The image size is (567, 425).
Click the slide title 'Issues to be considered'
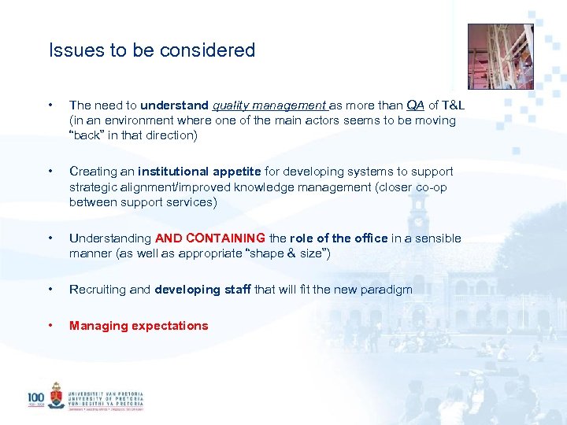pos(152,50)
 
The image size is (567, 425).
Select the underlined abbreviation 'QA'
pos(415,105)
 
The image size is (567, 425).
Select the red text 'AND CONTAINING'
pos(210,238)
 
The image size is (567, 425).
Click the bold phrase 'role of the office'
pos(339,238)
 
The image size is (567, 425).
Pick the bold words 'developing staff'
pos(202,290)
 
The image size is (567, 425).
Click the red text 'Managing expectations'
pos(139,326)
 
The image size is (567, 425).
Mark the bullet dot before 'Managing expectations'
pos(50,326)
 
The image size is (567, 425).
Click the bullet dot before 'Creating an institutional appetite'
pos(50,172)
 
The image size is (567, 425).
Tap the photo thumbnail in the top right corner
pos(501,57)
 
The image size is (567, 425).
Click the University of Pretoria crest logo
pos(56,395)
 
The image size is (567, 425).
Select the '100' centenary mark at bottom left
pos(36,398)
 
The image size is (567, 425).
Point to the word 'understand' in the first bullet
pos(175,105)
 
